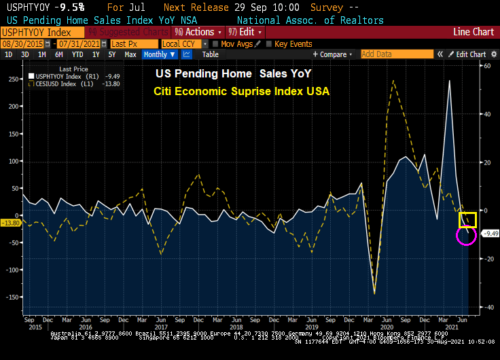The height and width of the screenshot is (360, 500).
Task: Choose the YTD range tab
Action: pyautogui.click(x=77, y=54)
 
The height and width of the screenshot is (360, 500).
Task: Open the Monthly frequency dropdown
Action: pyautogui.click(x=158, y=54)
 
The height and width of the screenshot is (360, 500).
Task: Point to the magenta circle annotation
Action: pyautogui.click(x=465, y=235)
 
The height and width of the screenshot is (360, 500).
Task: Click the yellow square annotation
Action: pyautogui.click(x=467, y=219)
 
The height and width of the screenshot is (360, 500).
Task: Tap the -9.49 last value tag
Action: pyautogui.click(x=490, y=234)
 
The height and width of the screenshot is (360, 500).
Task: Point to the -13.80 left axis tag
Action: pyautogui.click(x=10, y=223)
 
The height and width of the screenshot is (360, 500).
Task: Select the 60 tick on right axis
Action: pyautogui.click(x=486, y=66)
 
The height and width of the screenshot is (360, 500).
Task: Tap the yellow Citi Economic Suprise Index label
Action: pyautogui.click(x=241, y=90)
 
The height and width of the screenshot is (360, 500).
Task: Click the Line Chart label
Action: pyautogui.click(x=474, y=32)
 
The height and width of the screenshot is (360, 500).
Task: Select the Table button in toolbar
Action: pyautogui.click(x=211, y=54)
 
